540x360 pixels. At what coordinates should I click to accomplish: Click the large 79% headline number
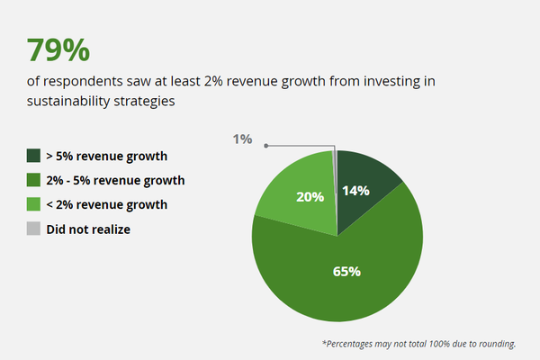(52, 50)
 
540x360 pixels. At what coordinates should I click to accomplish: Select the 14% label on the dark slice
(356, 191)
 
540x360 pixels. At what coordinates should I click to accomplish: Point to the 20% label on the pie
(310, 197)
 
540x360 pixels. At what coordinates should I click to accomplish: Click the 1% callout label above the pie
(242, 139)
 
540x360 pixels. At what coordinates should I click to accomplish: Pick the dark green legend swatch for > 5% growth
(33, 156)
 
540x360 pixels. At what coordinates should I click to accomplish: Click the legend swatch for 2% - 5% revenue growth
(33, 180)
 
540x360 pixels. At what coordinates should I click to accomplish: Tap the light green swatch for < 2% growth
(33, 204)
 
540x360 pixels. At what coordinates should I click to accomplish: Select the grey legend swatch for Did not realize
(33, 229)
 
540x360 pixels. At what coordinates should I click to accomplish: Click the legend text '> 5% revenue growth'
(106, 156)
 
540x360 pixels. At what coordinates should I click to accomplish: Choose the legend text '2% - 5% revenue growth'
(115, 180)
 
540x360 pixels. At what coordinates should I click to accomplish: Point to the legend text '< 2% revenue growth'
(106, 204)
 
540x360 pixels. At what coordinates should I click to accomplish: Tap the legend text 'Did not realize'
(89, 229)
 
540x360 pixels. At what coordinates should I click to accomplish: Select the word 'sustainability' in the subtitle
(65, 102)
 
